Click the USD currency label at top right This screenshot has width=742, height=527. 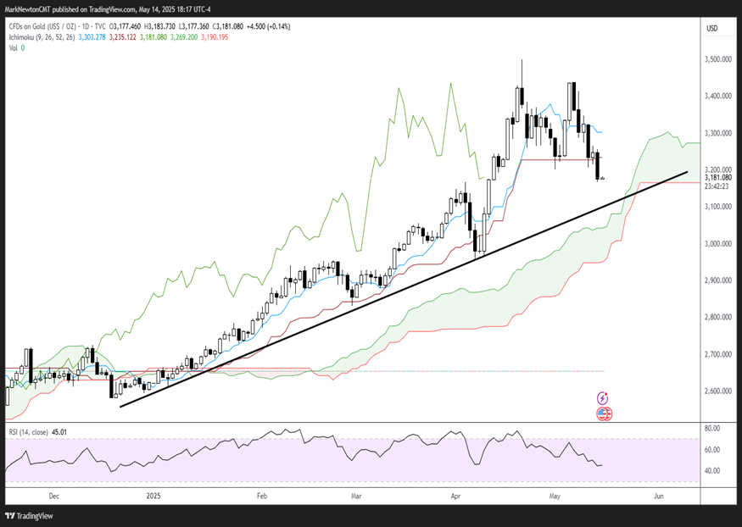click(x=712, y=28)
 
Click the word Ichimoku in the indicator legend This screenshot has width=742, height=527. click(x=25, y=38)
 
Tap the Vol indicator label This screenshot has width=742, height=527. click(x=13, y=47)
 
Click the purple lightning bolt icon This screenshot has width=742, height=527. click(x=604, y=397)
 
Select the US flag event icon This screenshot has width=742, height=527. click(x=604, y=413)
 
